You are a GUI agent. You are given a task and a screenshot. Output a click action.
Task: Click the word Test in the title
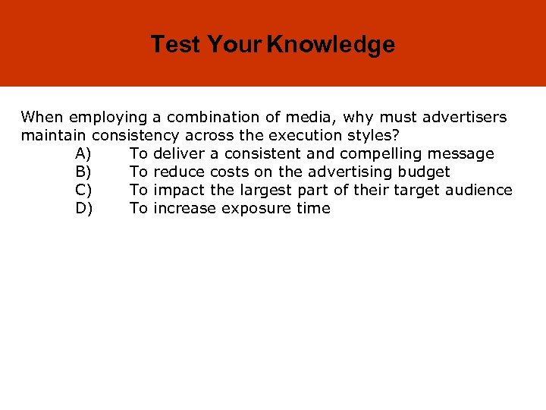tap(175, 45)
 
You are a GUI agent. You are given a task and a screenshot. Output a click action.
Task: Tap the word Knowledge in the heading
tap(331, 45)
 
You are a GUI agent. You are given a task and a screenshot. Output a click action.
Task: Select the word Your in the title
tap(234, 45)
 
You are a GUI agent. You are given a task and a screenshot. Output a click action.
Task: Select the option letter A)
tap(84, 154)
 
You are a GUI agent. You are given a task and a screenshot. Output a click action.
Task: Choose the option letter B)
tap(84, 172)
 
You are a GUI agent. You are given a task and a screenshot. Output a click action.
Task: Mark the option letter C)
tap(84, 191)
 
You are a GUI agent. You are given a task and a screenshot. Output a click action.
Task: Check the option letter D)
tap(84, 209)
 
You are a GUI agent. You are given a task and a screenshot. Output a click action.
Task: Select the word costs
tap(230, 172)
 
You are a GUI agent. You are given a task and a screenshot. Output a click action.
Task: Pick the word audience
tap(480, 191)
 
